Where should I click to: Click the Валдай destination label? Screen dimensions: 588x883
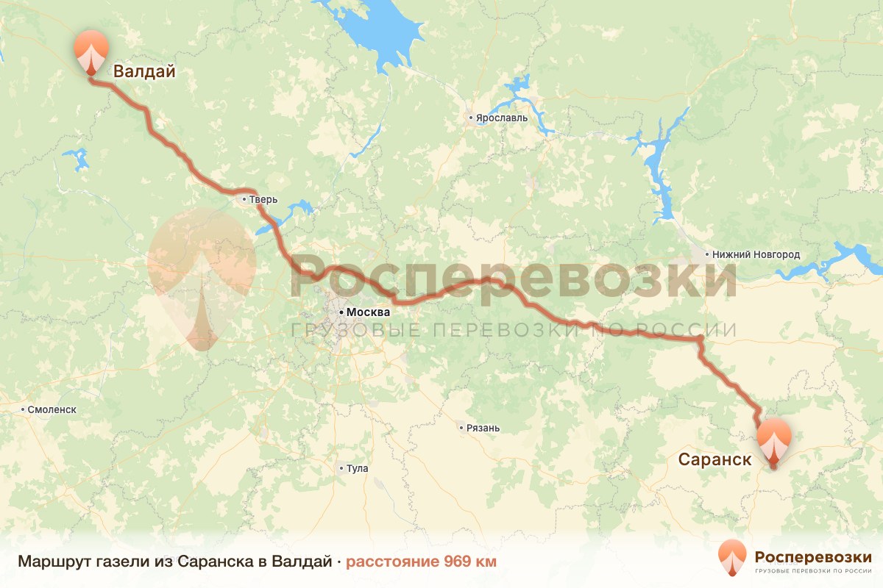(x=144, y=71)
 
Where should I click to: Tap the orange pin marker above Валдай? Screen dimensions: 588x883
(x=91, y=51)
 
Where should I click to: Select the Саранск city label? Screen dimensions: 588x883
(x=714, y=460)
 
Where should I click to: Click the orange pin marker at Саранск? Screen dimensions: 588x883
(x=773, y=440)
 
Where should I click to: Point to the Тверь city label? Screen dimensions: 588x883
(x=263, y=200)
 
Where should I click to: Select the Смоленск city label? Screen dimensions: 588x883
(x=52, y=409)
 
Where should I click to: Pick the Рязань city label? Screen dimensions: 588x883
(x=483, y=428)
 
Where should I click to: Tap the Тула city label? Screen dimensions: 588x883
(x=357, y=468)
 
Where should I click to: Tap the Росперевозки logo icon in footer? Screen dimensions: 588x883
(x=731, y=556)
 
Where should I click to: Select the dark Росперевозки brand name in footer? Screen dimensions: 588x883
(x=813, y=556)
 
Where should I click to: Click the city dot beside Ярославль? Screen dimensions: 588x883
(x=471, y=118)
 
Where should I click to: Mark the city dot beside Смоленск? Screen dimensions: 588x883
(x=23, y=409)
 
